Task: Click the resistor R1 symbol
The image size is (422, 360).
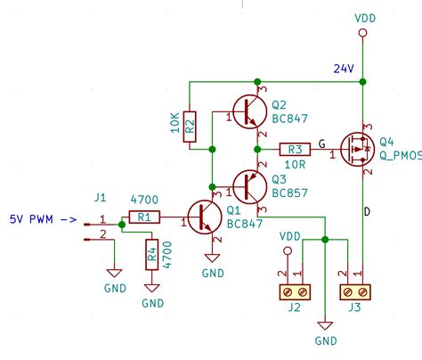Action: [142, 217]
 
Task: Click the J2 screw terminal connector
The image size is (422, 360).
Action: [295, 290]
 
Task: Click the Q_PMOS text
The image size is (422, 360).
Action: [401, 155]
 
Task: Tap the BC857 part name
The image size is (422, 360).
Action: [291, 192]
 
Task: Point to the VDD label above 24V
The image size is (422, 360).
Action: [364, 17]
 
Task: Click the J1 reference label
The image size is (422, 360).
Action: [100, 199]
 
